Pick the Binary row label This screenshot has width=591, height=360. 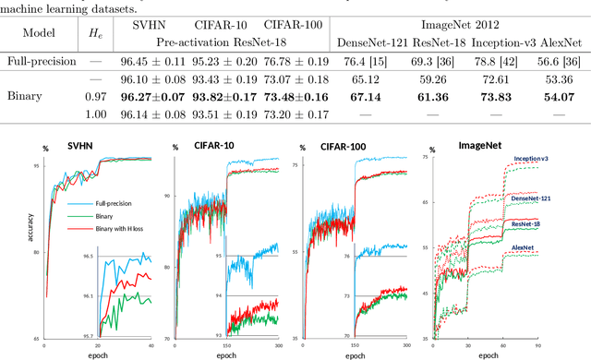(x=24, y=96)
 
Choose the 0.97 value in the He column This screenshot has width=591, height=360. (x=95, y=96)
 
